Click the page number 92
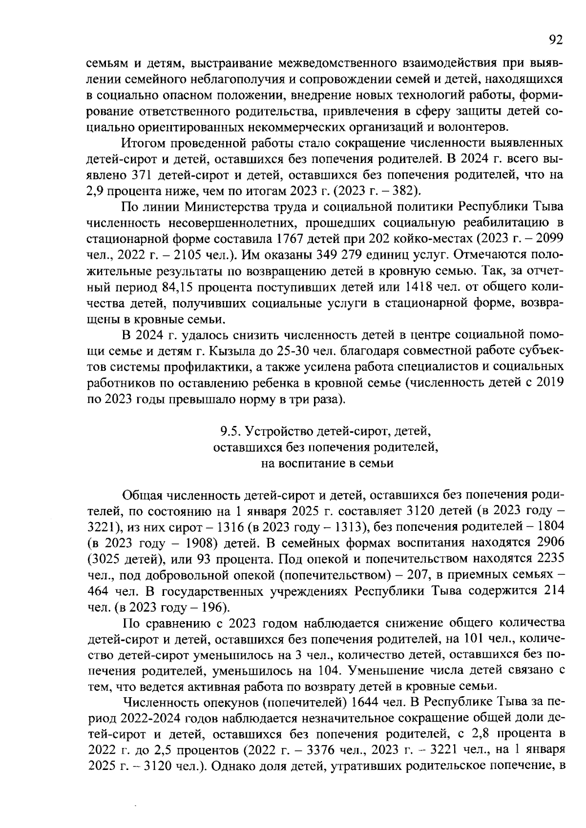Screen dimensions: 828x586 [x=556, y=40]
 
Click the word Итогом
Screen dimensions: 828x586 [x=142, y=143]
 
